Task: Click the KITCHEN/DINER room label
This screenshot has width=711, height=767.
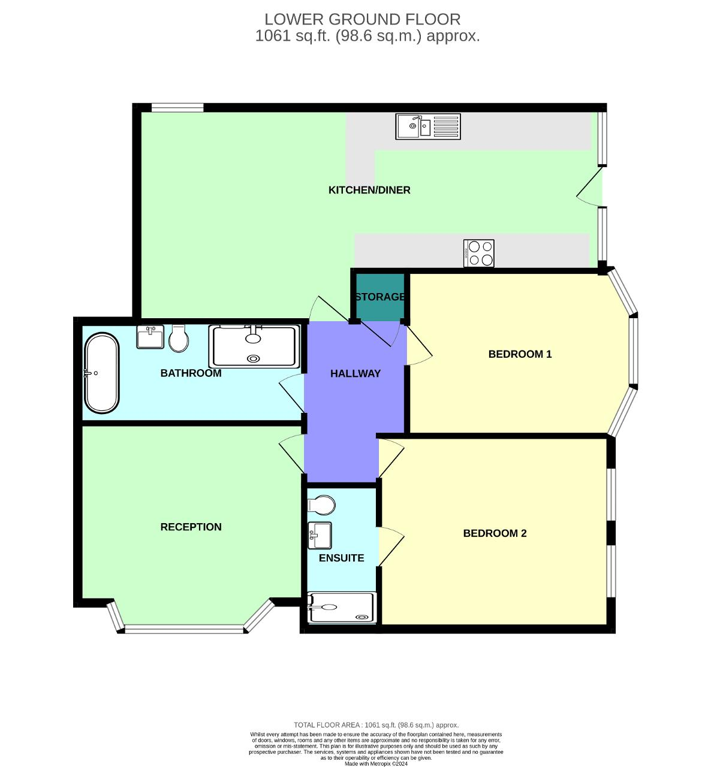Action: (x=369, y=190)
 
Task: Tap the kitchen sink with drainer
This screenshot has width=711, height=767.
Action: (x=427, y=126)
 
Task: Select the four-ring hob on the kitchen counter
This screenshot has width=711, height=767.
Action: (x=479, y=253)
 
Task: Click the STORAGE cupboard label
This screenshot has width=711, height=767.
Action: (x=379, y=297)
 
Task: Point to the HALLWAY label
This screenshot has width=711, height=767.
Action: (x=355, y=373)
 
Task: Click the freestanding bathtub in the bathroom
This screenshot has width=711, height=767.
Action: (x=101, y=373)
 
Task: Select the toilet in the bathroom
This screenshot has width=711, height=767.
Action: (x=178, y=339)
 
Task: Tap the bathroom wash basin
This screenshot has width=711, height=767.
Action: (x=150, y=337)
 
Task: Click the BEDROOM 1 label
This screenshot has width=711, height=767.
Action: (x=520, y=354)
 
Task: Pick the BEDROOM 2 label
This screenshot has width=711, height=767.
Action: (x=495, y=533)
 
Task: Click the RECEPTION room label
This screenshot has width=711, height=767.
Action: (x=191, y=527)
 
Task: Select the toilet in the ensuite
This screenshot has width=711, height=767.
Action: (x=321, y=505)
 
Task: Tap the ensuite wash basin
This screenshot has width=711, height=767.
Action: (x=320, y=535)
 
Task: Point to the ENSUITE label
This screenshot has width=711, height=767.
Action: (x=341, y=558)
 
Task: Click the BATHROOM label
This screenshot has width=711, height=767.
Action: (x=191, y=373)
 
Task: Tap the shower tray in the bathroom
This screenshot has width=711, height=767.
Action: (x=254, y=346)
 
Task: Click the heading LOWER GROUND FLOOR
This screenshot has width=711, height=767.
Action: (x=363, y=19)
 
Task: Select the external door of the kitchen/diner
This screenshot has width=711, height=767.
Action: (x=591, y=187)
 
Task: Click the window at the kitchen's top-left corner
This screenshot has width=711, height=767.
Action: (x=177, y=108)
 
